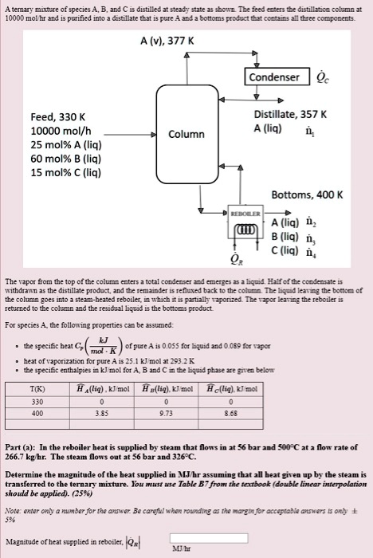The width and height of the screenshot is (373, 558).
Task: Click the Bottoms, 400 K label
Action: click(x=307, y=195)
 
